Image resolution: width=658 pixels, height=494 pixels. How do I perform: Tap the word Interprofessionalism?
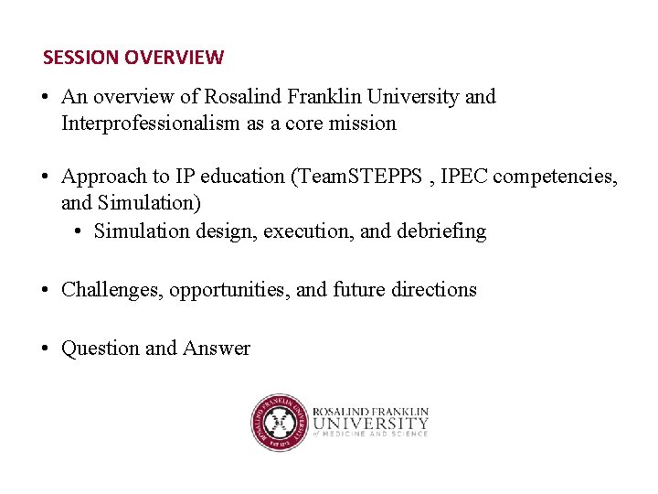click(x=151, y=123)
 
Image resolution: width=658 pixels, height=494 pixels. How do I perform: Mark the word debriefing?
click(x=441, y=231)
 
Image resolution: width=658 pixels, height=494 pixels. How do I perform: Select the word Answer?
click(x=217, y=349)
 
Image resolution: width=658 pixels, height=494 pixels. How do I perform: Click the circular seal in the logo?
click(x=279, y=423)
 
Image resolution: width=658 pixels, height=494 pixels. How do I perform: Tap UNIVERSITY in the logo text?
click(x=370, y=424)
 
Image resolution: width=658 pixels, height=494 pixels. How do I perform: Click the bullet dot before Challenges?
click(x=45, y=290)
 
